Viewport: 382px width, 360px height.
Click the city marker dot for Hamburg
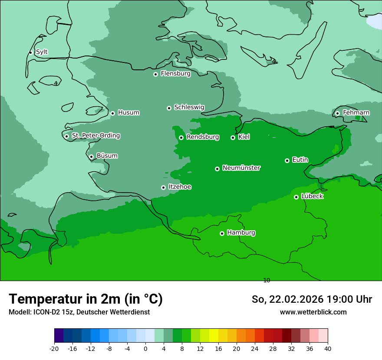pos(222,233)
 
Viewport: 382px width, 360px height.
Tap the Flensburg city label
pos(175,74)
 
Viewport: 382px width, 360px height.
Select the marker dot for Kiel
pos(233,137)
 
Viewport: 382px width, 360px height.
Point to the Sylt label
pos(42,52)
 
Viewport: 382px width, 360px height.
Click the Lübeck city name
pos(312,196)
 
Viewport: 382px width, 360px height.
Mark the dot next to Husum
pos(112,113)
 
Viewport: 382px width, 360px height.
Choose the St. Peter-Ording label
pos(95,136)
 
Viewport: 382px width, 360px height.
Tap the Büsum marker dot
pos(91,157)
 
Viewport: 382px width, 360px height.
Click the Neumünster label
pos(241,168)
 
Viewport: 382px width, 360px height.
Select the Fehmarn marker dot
pos(337,113)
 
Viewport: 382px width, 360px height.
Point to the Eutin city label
pos(300,160)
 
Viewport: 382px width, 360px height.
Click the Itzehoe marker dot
pos(163,187)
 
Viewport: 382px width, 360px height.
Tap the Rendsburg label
pos(203,137)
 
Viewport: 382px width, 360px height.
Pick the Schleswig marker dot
pos(169,108)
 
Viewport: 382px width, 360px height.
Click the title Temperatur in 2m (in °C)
pos(86,299)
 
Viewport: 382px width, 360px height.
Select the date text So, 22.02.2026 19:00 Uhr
pos(312,299)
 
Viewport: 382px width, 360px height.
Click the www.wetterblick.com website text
pos(313,312)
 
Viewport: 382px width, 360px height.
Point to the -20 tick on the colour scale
pos(54,348)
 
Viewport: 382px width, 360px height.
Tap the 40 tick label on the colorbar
pos(328,348)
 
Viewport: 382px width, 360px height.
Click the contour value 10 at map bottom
pos(267,281)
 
